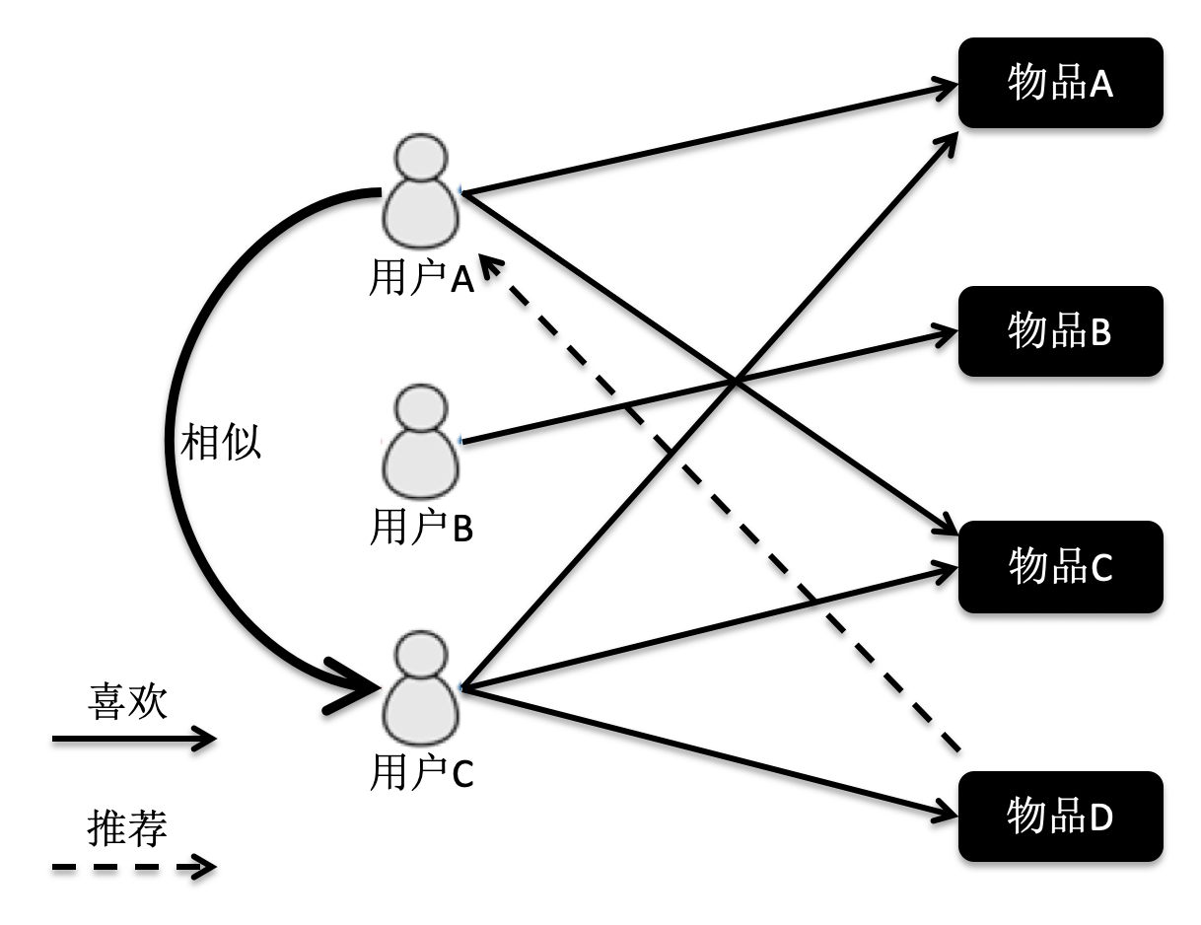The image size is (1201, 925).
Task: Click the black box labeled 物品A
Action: pyautogui.click(x=1060, y=83)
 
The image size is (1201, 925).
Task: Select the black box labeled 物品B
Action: pyautogui.click(x=1060, y=331)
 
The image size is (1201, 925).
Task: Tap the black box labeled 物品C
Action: pyautogui.click(x=1060, y=567)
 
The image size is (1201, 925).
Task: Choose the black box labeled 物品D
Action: pyautogui.click(x=1060, y=817)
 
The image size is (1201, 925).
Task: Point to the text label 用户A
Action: pyautogui.click(x=421, y=280)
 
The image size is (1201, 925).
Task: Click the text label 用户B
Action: pyautogui.click(x=421, y=529)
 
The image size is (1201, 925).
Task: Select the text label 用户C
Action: pyautogui.click(x=421, y=774)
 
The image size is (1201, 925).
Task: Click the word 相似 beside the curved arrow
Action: pyautogui.click(x=222, y=443)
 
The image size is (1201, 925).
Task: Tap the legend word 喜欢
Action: pyautogui.click(x=128, y=703)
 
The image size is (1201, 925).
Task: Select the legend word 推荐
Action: pyautogui.click(x=128, y=826)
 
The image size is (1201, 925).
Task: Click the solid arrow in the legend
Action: pyautogui.click(x=133, y=739)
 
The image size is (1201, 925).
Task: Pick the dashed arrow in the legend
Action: pyautogui.click(x=133, y=868)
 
